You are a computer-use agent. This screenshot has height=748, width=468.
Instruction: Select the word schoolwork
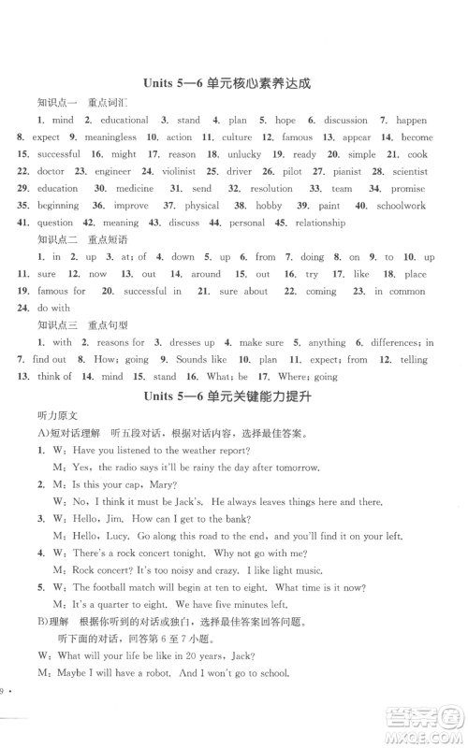[x=402, y=206]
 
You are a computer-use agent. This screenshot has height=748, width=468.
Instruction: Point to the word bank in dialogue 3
[x=235, y=519]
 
